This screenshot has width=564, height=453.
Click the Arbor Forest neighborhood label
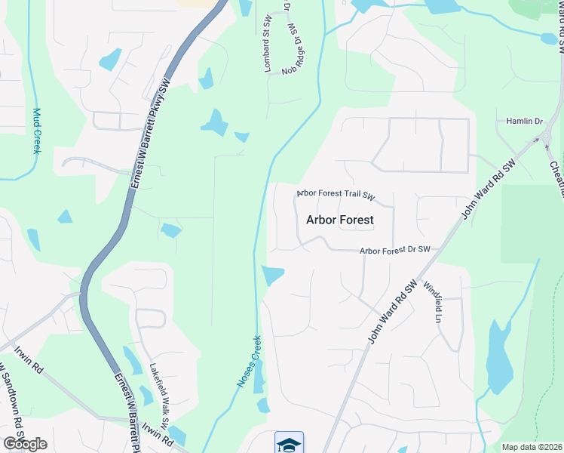click(340, 220)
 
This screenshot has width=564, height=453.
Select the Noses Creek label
click(249, 362)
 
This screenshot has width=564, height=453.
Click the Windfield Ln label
click(432, 302)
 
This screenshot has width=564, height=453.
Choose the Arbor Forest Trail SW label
click(336, 194)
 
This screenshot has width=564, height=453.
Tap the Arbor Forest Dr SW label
click(394, 250)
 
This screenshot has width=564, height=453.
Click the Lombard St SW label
click(267, 51)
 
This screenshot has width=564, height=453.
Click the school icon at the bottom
click(289, 443)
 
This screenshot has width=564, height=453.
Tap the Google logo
click(25, 444)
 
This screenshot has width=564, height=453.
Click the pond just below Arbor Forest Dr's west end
click(272, 276)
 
